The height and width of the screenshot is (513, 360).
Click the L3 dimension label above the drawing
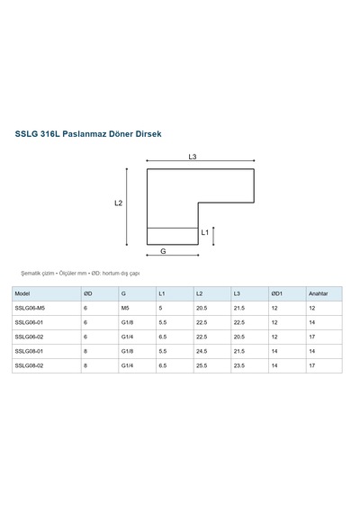[193, 157]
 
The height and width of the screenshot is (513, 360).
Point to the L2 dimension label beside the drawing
[119, 203]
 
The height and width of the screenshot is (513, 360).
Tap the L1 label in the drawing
[205, 232]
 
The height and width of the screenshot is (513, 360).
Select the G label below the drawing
[163, 251]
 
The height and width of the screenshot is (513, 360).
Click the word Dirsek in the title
[148, 134]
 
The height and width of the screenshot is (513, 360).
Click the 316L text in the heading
[50, 134]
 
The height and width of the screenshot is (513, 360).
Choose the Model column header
[22, 293]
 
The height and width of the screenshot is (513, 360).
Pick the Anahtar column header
[318, 293]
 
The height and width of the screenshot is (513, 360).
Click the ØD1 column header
[276, 293]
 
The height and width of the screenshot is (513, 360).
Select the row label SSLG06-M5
[30, 308]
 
